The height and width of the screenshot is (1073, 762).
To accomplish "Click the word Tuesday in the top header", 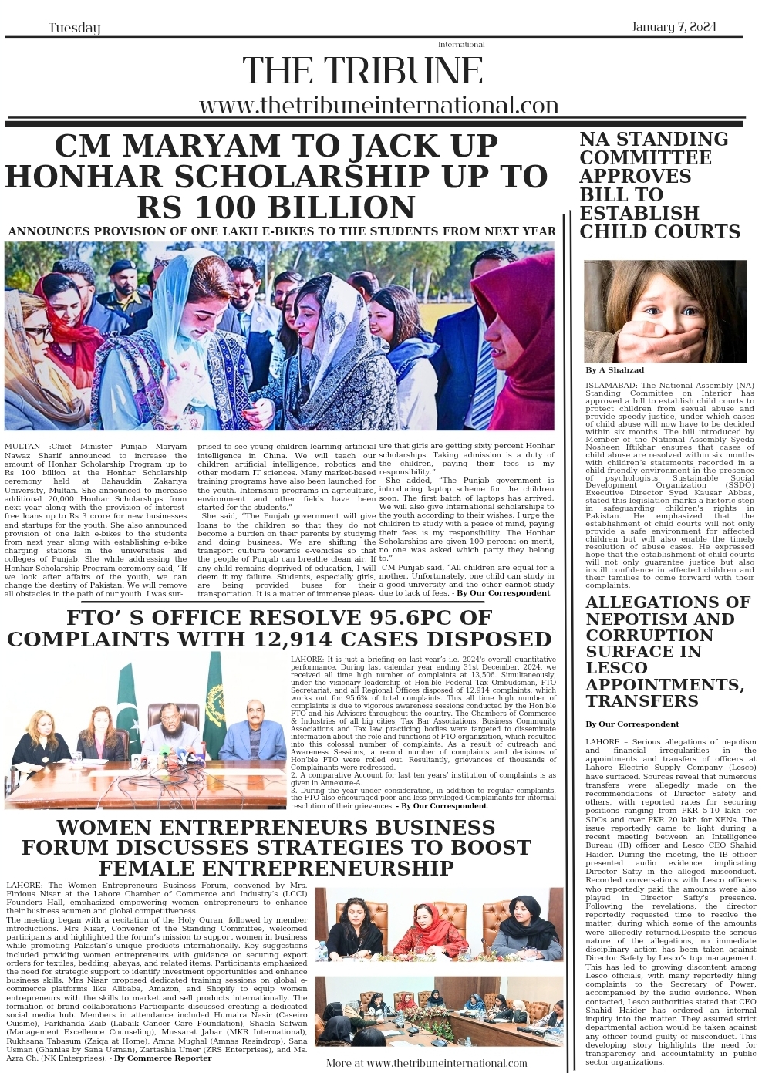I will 74,29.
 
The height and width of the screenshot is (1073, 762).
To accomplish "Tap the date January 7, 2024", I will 674,27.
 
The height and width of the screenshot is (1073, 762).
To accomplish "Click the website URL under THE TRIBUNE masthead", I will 379,105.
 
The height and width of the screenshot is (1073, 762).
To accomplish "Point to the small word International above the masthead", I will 461,44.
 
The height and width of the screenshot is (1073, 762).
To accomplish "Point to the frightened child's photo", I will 665,312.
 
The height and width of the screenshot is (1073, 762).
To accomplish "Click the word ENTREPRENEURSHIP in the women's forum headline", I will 276,868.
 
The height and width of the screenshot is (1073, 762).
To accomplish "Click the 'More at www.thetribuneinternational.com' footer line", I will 427,1063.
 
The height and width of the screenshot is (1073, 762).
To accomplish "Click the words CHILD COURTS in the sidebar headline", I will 659,231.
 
